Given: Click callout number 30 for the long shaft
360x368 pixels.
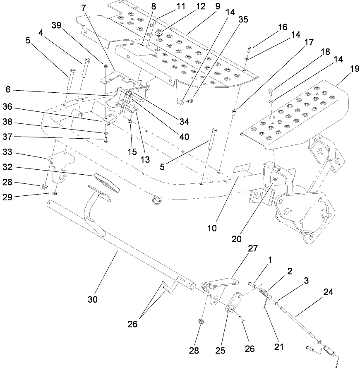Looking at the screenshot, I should tap(92, 299).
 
